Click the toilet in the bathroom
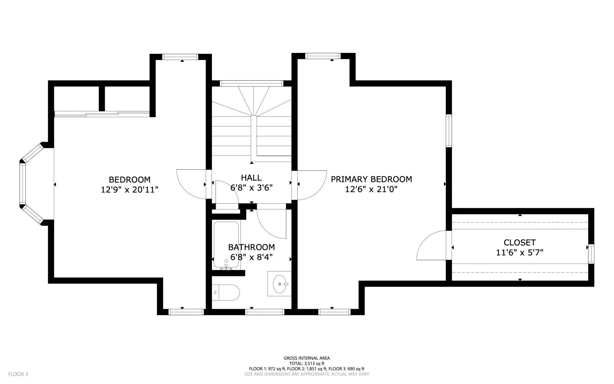pos(226,292)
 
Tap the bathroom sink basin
pos(280,284)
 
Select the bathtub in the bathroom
pos(226,245)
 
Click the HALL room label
pos(251,178)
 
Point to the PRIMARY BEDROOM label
pos(371,179)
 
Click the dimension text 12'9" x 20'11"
pos(130,189)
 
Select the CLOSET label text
pos(520,243)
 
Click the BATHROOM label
pos(252,247)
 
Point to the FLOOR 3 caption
pos(18,374)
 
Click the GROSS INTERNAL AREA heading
pos(307,358)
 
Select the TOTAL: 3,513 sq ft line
pos(307,364)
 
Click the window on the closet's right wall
pos(591,254)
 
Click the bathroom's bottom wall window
pos(265,312)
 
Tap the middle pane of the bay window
pos(23,184)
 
